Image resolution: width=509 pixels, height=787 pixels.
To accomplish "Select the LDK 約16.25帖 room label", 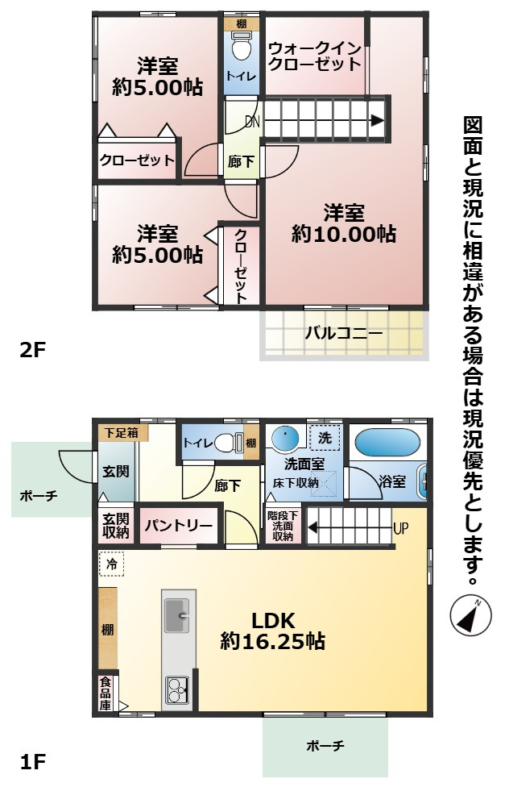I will (x=273, y=631).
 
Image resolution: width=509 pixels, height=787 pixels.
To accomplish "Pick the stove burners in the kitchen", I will (x=177, y=690).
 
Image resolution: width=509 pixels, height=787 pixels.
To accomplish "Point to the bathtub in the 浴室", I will (x=387, y=443).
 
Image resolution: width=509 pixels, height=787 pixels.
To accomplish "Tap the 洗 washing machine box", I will (x=325, y=439).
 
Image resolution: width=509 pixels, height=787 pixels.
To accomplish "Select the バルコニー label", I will (x=343, y=333).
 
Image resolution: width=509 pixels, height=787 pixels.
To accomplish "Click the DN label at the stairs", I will (x=252, y=123).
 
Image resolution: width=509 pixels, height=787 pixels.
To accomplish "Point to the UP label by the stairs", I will (x=400, y=530).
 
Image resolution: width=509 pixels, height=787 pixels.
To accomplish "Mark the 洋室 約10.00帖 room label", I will (x=344, y=224).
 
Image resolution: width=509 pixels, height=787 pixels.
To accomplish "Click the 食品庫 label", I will (x=106, y=693).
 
